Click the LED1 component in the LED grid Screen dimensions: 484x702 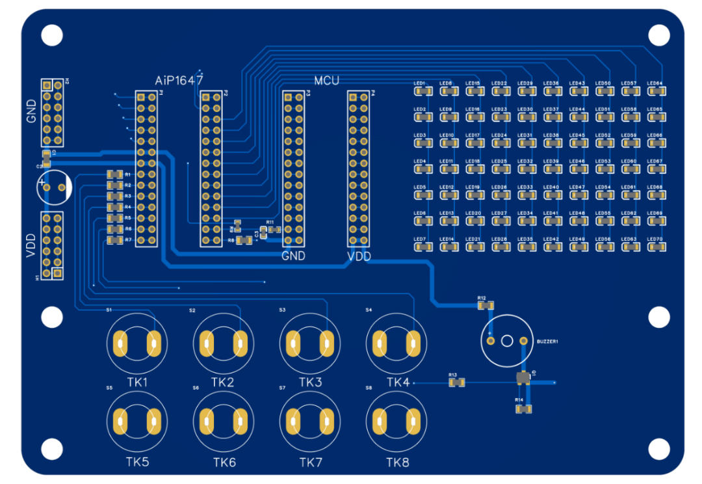point(421,91)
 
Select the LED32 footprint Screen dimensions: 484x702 point(525,169)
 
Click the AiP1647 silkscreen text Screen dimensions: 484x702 point(179,81)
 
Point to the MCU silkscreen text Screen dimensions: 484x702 point(326,81)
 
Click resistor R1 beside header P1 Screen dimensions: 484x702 point(115,174)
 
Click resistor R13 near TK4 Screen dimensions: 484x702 point(457,383)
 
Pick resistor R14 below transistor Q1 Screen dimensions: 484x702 point(524,409)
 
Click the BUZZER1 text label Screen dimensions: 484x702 point(548,341)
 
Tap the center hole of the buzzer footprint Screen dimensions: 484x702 point(507,340)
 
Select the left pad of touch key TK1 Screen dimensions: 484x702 point(120,343)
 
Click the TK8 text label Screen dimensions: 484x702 point(398,463)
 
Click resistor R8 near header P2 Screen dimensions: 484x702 point(245,241)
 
